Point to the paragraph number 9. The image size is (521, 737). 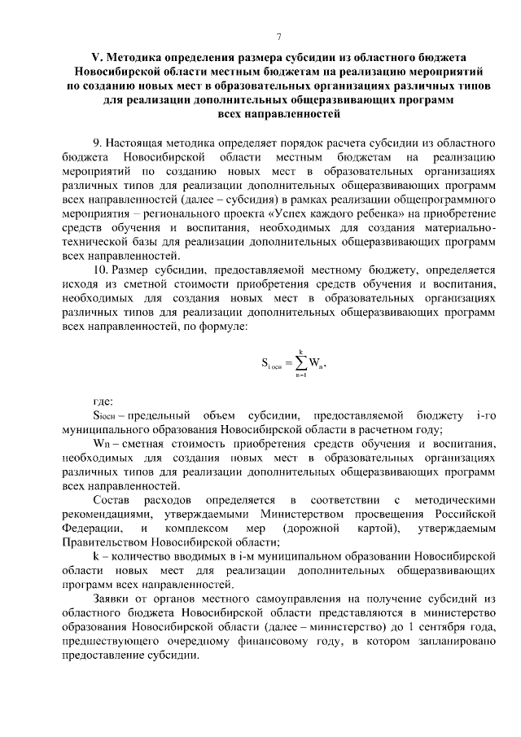[x=97, y=143]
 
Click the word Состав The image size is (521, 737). [x=112, y=499]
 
